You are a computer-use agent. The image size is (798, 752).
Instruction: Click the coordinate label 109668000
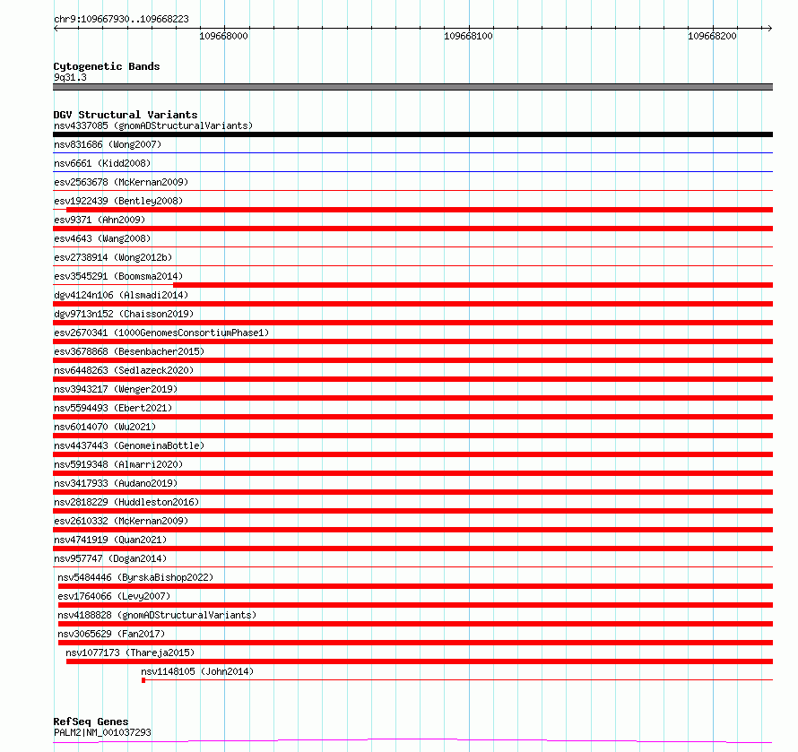pos(223,37)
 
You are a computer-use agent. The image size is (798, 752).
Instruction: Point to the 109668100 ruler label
pos(469,37)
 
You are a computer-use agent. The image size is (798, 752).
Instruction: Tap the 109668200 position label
pos(712,37)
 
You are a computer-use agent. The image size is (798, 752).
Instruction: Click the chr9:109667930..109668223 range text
pos(121,18)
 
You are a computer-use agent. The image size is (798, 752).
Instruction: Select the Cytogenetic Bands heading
pos(106,66)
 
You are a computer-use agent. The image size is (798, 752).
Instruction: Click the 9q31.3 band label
pos(70,78)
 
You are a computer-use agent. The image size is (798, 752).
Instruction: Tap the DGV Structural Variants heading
pos(125,115)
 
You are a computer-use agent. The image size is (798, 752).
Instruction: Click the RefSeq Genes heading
pos(91,722)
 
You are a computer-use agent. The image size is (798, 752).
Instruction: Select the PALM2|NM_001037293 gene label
pos(102,733)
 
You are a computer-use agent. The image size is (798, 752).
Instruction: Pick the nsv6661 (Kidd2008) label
pos(101,163)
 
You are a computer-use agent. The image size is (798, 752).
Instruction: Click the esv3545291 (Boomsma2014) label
pos(117,276)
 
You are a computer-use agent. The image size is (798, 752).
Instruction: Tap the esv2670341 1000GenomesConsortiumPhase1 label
pos(161,333)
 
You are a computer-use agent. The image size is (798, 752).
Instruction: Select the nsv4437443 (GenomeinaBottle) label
pos(129,445)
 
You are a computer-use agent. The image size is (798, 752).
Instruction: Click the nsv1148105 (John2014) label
pos(197,671)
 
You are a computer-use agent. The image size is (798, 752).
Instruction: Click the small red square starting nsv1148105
pos(143,680)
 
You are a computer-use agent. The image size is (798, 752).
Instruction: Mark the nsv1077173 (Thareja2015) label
pos(130,653)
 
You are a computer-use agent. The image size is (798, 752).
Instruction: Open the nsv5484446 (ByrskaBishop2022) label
pos(135,577)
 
